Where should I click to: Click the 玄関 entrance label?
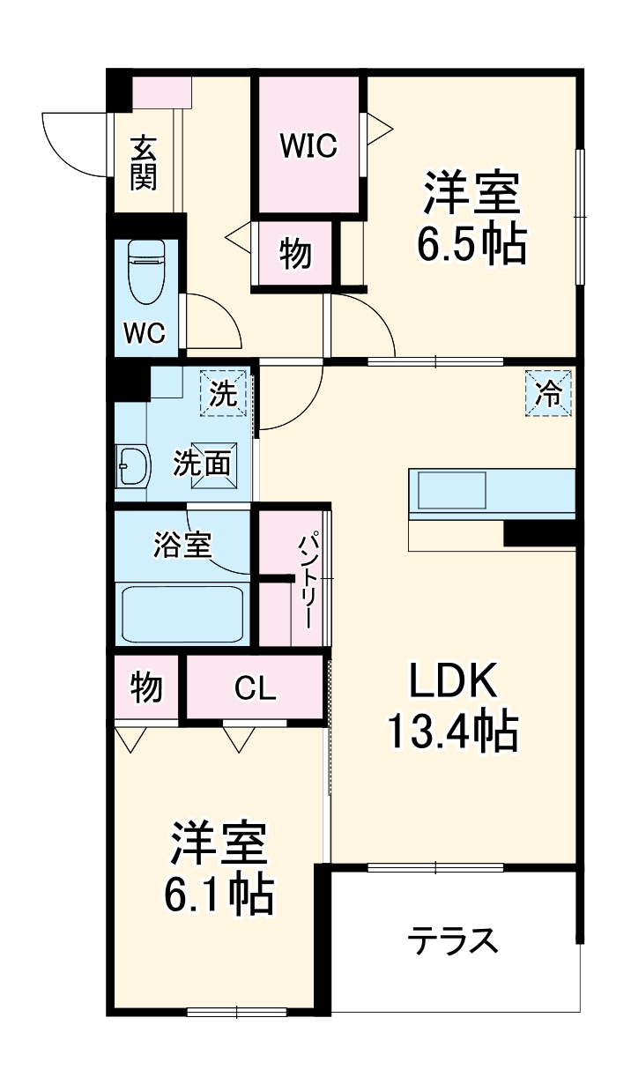144,163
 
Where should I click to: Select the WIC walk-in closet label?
308,146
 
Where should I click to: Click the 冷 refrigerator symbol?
549,394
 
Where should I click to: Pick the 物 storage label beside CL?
146,687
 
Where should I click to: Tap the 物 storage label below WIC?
295,255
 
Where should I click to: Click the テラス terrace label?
453,941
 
